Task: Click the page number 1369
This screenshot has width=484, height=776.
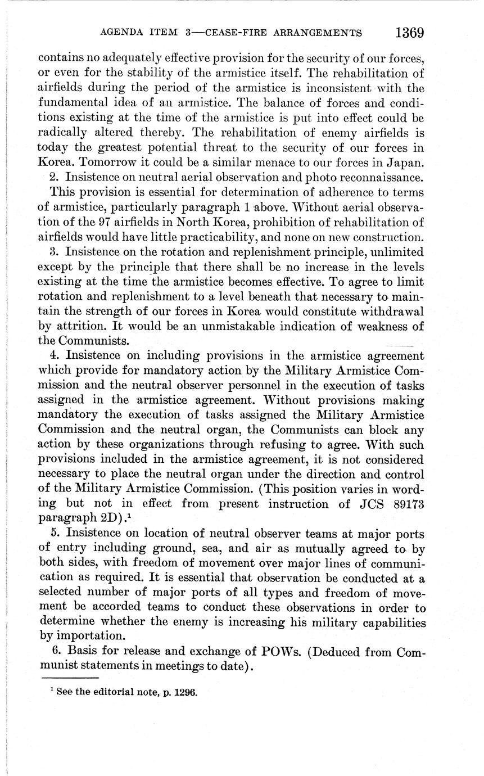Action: click(409, 33)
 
